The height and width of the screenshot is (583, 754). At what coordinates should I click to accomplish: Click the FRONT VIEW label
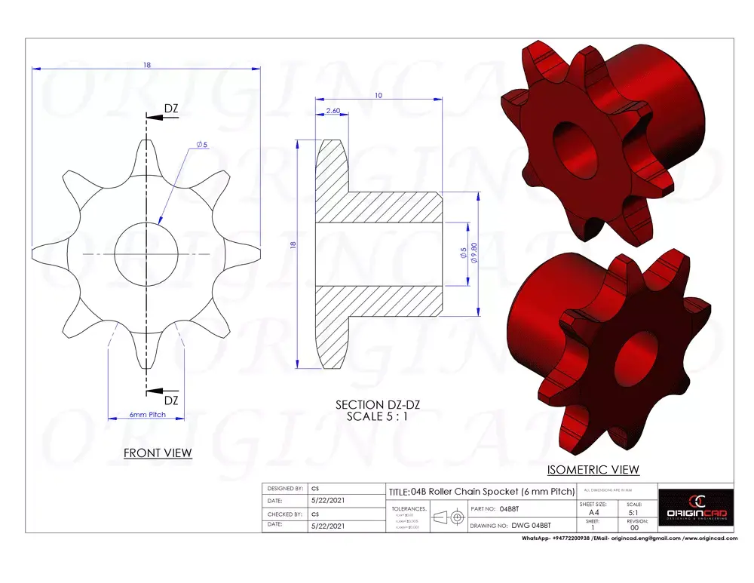[158, 453]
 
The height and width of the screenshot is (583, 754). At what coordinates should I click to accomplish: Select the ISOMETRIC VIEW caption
[593, 470]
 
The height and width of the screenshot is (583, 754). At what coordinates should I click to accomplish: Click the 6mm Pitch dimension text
[147, 415]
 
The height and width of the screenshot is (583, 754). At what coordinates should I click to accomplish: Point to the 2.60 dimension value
[333, 111]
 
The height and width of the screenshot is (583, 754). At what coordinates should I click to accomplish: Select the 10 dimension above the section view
[379, 96]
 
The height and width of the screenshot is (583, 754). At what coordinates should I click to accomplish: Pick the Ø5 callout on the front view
[201, 144]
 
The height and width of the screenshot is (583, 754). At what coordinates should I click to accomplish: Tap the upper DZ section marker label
[171, 109]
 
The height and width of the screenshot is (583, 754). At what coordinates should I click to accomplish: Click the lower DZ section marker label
[171, 400]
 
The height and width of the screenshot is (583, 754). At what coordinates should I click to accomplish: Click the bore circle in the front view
[146, 254]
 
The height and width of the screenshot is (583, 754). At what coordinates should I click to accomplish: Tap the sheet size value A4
[593, 512]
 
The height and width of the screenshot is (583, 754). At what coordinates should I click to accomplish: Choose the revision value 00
[635, 528]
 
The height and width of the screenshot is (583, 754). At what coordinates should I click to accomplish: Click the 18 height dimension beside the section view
[293, 244]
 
